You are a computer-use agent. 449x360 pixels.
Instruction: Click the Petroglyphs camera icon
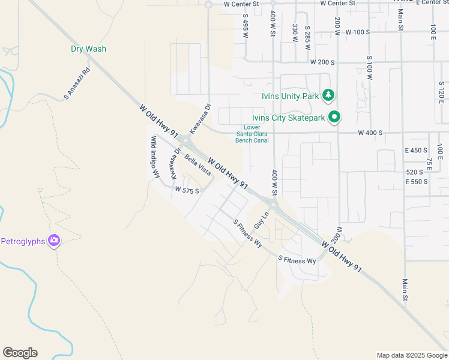coord(55,241)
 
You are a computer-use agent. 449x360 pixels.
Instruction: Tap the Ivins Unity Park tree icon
coord(328,95)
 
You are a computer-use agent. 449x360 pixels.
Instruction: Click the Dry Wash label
coord(88,49)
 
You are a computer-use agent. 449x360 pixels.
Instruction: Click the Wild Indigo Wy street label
coord(155,157)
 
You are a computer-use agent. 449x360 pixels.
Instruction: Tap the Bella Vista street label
coord(198,165)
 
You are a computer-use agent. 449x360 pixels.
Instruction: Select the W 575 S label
coord(186,189)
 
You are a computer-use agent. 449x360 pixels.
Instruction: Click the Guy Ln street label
coord(260,219)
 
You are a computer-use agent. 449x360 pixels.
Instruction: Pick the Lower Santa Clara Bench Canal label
coord(252,133)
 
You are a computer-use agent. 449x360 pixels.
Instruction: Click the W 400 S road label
coord(370,133)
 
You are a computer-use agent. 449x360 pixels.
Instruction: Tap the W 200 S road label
coord(322,62)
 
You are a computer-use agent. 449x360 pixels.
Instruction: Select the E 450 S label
coord(416,150)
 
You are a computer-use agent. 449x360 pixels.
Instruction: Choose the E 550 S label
coord(416,181)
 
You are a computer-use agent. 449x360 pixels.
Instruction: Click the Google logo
coord(20,353)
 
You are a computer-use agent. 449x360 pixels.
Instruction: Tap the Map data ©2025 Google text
coord(412,355)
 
